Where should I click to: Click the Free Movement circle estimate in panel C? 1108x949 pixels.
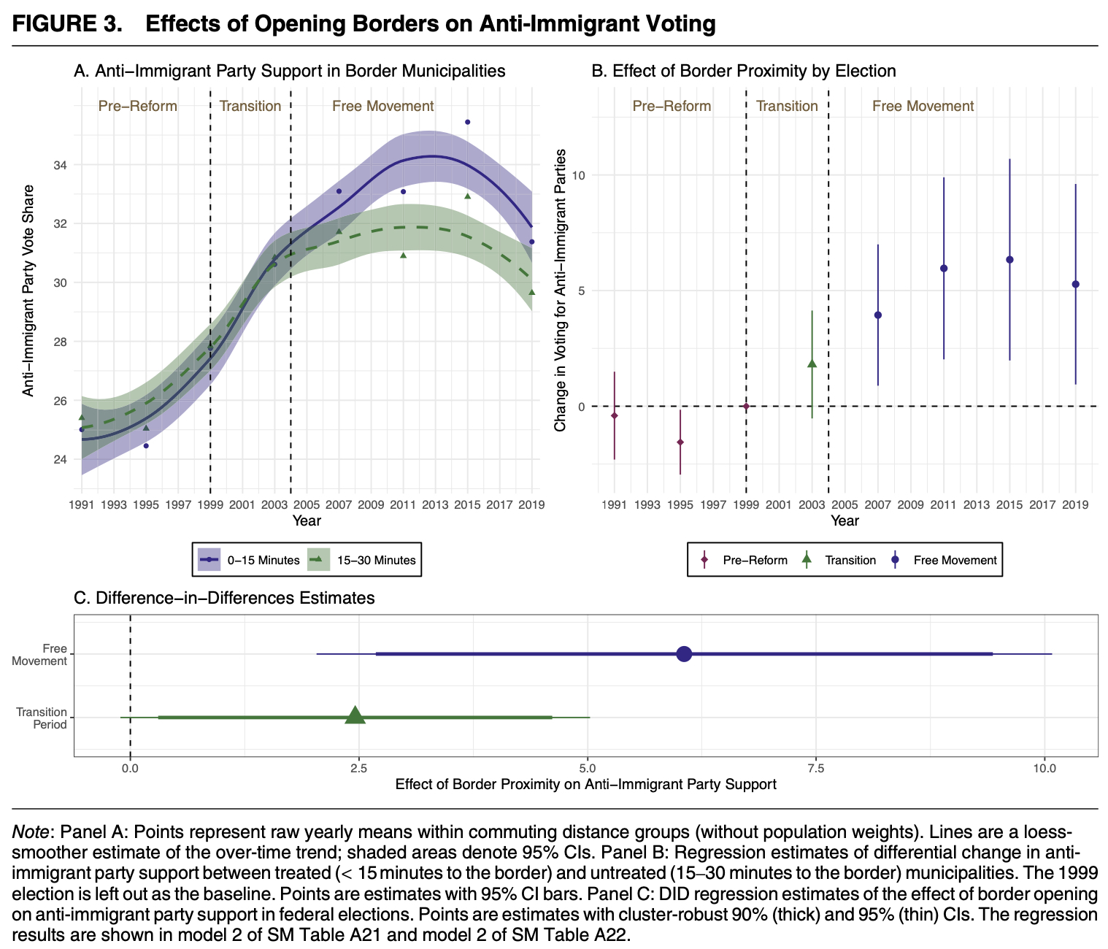pyautogui.click(x=684, y=654)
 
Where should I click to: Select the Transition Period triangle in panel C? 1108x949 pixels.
pyautogui.click(x=355, y=716)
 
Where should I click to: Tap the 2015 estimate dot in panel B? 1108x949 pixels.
pyautogui.click(x=1009, y=260)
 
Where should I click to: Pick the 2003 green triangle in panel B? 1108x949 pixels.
pyautogui.click(x=812, y=363)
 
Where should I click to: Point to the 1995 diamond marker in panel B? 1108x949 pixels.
pyautogui.click(x=680, y=442)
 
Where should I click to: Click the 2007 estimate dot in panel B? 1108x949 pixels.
pyautogui.click(x=878, y=315)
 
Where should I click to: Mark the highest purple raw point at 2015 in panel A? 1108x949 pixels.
pyautogui.click(x=467, y=122)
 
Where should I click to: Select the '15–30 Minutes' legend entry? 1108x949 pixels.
pyautogui.click(x=361, y=561)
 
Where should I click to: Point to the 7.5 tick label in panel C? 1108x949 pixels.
pyautogui.click(x=816, y=768)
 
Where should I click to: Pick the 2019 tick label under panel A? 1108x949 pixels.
pyautogui.click(x=531, y=504)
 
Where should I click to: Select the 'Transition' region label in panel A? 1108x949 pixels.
pyautogui.click(x=250, y=106)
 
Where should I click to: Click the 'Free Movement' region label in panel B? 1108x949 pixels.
pyautogui.click(x=923, y=106)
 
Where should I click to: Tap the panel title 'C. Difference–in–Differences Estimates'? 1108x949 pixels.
pyautogui.click(x=225, y=598)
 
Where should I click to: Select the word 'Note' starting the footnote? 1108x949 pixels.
pyautogui.click(x=31, y=832)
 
